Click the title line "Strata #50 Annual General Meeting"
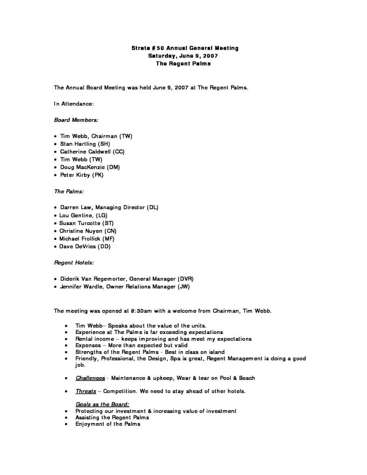tap(183, 48)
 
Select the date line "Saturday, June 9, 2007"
tap(183, 56)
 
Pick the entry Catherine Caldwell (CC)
tap(92, 151)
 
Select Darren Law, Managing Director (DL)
tap(109, 207)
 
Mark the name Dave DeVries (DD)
tap(85, 247)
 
